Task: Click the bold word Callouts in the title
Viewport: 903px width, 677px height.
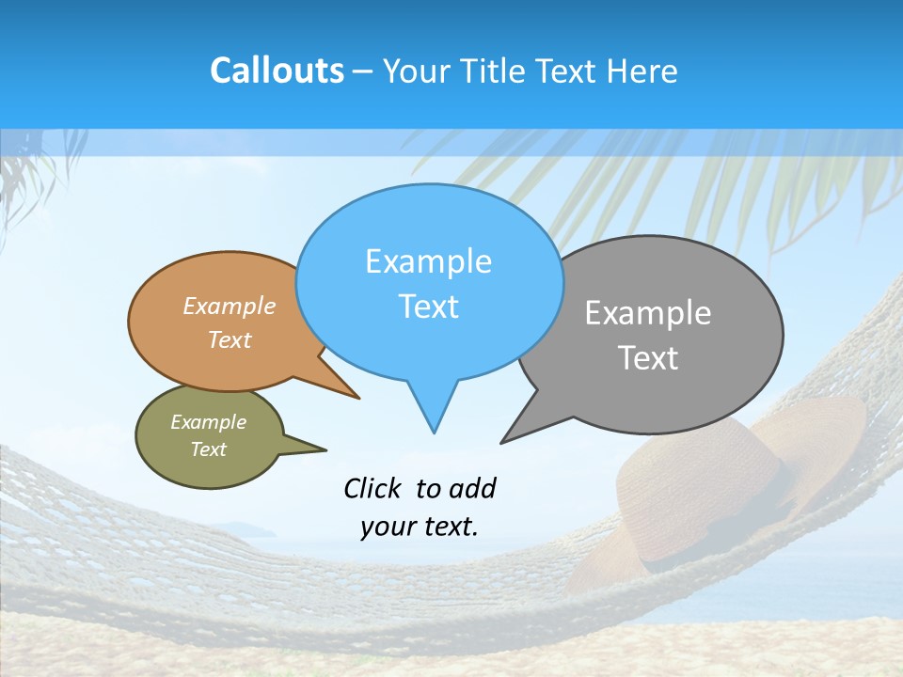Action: [277, 71]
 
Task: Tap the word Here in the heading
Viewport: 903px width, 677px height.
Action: [642, 71]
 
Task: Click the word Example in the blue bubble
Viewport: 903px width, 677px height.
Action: [428, 261]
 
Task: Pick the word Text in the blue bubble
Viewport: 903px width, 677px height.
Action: [428, 307]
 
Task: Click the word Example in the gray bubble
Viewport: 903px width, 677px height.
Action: [648, 313]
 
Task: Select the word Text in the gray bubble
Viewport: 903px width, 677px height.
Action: [648, 358]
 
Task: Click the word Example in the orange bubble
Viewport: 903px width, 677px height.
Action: [230, 306]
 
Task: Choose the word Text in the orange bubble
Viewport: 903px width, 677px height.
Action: [230, 339]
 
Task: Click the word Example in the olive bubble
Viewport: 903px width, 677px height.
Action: [208, 422]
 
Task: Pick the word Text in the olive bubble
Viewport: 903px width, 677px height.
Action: [208, 449]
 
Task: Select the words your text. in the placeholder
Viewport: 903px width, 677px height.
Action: [420, 527]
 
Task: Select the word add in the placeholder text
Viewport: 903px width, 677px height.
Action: [472, 488]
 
